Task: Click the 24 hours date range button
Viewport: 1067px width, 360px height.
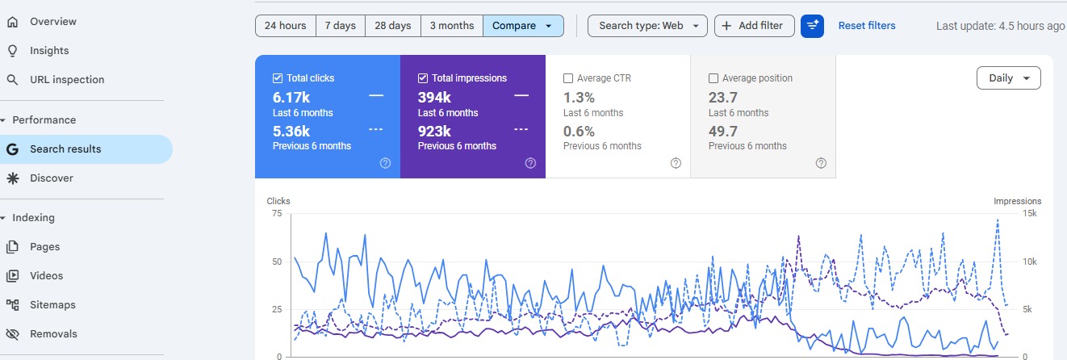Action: click(286, 26)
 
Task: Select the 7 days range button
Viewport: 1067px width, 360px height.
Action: click(341, 26)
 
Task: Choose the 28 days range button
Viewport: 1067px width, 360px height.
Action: click(393, 26)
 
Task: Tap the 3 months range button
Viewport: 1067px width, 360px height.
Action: click(452, 26)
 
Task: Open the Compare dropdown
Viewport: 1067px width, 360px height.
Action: click(523, 26)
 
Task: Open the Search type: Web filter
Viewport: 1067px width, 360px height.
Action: click(648, 26)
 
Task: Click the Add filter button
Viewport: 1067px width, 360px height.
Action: click(754, 26)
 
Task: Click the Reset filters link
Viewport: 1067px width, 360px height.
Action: click(867, 26)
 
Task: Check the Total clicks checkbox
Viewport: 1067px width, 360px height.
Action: click(278, 78)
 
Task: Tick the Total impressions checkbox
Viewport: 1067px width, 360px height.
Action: click(423, 78)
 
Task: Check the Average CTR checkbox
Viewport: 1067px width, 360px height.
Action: click(568, 78)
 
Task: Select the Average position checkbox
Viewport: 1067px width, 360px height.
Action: click(713, 78)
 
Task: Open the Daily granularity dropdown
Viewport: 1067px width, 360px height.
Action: click(1008, 78)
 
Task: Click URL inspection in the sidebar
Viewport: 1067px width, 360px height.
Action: click(67, 80)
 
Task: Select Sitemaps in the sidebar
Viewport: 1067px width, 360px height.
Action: click(52, 305)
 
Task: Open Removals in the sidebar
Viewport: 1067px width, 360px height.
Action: click(53, 334)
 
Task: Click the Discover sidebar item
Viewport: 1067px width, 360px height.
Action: click(52, 178)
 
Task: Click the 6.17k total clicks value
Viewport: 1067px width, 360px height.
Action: click(291, 98)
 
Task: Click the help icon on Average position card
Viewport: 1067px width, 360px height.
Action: click(821, 163)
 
